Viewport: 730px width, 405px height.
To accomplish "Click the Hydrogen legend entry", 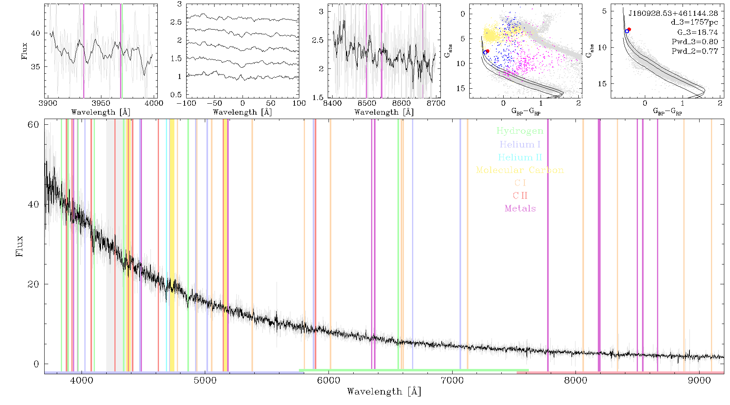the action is point(520,131).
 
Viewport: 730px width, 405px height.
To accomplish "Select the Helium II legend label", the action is point(520,157).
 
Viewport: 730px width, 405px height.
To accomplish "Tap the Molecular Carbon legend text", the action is point(520,170).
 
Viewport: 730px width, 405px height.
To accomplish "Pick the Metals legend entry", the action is point(520,209).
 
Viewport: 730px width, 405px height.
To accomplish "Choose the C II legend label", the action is point(520,196).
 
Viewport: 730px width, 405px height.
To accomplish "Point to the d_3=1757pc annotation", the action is point(694,23).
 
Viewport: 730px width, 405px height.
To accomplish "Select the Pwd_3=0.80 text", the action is point(695,42).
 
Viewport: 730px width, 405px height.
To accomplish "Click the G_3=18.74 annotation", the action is point(698,32).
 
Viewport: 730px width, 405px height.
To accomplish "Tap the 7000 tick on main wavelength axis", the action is point(452,380).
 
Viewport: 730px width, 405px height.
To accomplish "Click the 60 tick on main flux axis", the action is point(33,124).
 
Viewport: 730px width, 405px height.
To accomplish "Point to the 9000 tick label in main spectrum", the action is point(699,380).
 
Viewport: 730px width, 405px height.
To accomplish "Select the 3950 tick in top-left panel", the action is point(101,103).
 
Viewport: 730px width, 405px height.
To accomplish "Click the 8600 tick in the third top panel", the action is point(401,103).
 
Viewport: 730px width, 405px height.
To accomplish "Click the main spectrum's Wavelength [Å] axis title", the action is point(384,392).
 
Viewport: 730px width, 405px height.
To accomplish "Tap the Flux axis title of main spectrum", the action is point(19,246).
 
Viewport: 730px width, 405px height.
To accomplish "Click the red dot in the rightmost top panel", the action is point(629,29).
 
